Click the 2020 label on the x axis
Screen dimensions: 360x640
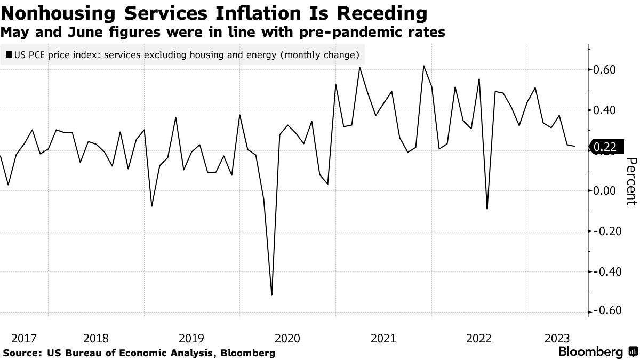click(x=287, y=338)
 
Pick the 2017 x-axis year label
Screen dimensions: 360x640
click(x=24, y=338)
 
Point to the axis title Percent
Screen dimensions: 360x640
click(x=631, y=181)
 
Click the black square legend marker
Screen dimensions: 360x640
click(x=9, y=55)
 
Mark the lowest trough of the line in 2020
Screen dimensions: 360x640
click(x=272, y=295)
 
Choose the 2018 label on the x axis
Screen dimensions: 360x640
click(x=96, y=338)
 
